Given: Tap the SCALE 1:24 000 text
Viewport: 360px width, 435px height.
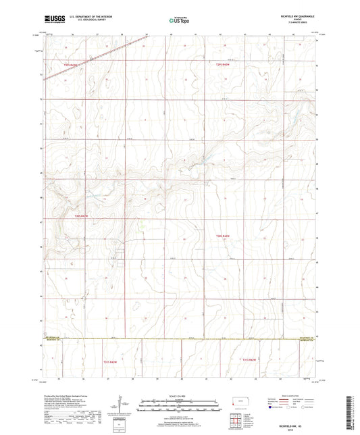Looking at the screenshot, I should pyautogui.click(x=180, y=395).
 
